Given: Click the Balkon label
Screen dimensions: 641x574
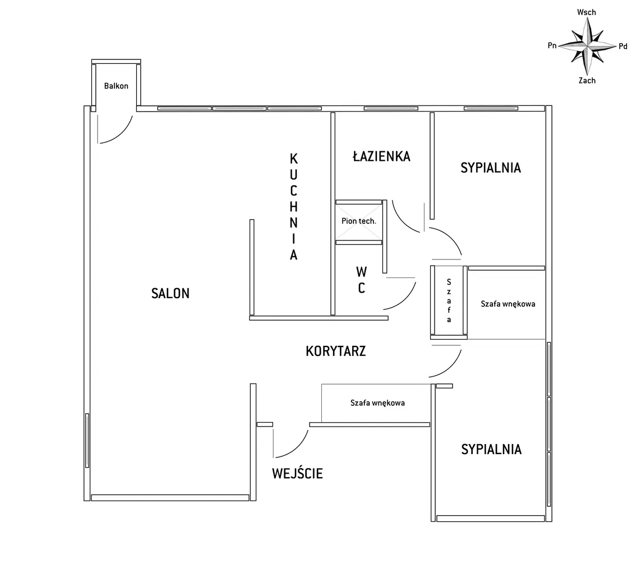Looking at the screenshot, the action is pos(116,86).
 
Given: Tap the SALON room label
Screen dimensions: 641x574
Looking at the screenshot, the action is pos(170,293).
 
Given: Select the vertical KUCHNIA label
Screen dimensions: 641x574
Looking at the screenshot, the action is pos(293,207).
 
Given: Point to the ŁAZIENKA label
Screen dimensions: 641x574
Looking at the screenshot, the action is pos(381,156).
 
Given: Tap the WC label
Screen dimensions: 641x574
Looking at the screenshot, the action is pos(361,280).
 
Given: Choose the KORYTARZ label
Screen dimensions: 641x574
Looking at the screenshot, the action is pos(335,351).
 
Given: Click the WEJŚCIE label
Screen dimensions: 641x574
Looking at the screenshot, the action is pos(297,473).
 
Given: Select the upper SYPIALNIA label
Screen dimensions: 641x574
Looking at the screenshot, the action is pos(491,168).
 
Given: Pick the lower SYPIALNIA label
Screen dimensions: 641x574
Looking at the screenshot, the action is pos(491,450).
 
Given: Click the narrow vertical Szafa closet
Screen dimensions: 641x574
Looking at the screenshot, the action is pos(449,302).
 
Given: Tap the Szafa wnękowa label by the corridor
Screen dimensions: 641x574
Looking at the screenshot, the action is pos(377,403).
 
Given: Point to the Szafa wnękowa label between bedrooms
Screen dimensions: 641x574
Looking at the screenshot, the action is pos(508,304).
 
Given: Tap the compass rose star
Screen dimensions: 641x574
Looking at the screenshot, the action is pos(587,46).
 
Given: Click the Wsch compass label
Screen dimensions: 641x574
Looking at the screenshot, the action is pos(587,12).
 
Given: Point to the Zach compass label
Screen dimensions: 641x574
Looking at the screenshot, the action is pos(587,81).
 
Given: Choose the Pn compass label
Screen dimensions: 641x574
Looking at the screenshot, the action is pos(552,45).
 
